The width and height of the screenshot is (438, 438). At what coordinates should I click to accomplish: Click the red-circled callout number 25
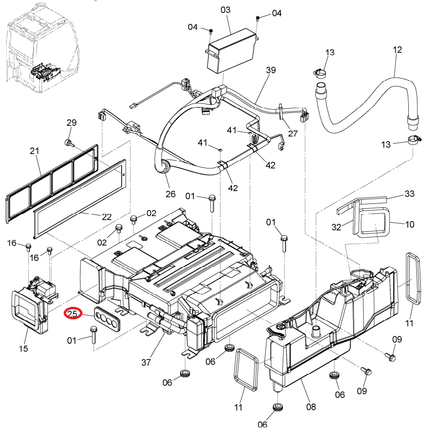[x=72, y=314]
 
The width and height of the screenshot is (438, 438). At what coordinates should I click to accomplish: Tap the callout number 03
[x=225, y=10]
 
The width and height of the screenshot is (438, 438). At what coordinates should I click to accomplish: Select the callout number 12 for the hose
[x=397, y=50]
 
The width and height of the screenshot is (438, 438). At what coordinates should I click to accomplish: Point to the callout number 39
[x=271, y=70]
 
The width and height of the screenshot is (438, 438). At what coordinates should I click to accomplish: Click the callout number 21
[x=35, y=151]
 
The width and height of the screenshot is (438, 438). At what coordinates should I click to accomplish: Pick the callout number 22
[x=106, y=217]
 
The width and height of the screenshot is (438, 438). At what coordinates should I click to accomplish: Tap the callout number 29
[x=71, y=123]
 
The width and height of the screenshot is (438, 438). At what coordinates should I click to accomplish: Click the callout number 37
[x=146, y=362]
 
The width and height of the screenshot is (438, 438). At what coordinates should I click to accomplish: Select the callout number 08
[x=311, y=407]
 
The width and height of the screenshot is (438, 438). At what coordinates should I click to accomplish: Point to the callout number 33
[x=409, y=193]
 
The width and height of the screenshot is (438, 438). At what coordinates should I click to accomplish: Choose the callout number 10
[x=410, y=225]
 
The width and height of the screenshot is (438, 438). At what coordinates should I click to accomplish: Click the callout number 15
[x=23, y=348]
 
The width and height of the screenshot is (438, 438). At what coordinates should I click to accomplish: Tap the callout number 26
[x=170, y=194]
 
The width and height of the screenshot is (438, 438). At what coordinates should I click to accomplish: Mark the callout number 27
[x=293, y=134]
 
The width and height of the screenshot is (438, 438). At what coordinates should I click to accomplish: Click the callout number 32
[x=336, y=227]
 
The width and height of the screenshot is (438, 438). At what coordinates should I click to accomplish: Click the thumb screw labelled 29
[x=69, y=143]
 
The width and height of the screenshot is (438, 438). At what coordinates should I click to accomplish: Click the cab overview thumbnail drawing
[x=42, y=47]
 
